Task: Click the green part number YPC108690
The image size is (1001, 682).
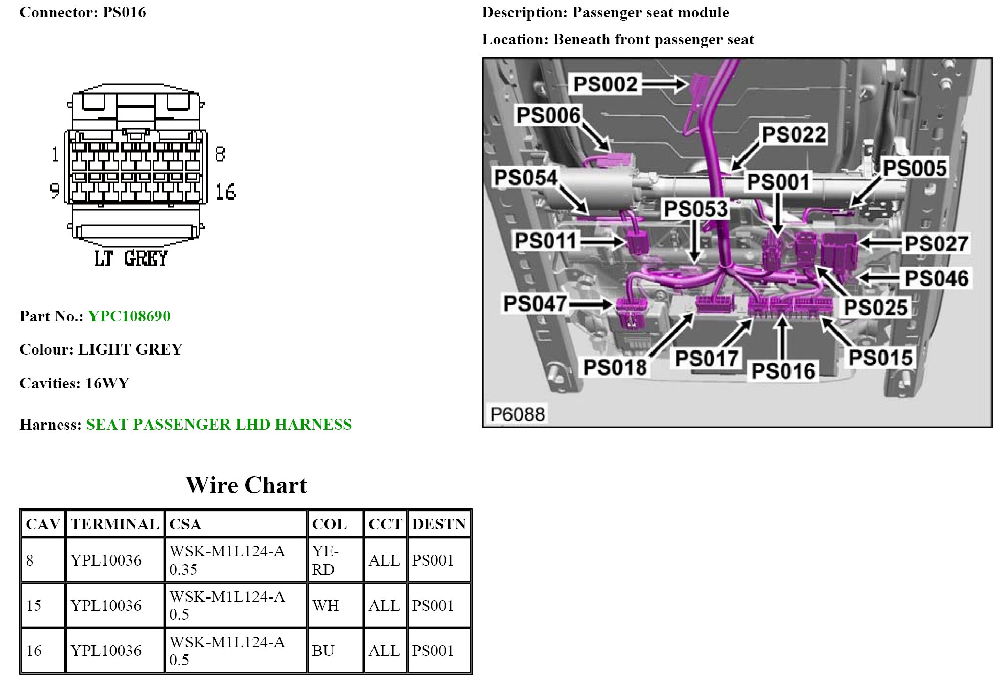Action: (x=129, y=316)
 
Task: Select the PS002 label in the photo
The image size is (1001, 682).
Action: (x=605, y=84)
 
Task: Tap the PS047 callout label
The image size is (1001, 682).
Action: (x=535, y=303)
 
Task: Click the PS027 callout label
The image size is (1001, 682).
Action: (x=936, y=244)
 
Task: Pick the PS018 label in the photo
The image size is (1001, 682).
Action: (x=615, y=367)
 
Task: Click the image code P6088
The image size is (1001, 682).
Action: (x=517, y=414)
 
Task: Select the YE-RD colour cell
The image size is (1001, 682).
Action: (x=325, y=560)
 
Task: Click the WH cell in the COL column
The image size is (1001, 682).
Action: (x=325, y=606)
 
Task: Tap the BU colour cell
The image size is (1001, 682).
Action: (x=323, y=651)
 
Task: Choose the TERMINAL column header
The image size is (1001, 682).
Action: (x=115, y=524)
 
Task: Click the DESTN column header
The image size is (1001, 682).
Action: (x=439, y=524)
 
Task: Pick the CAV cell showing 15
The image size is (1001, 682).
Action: (x=34, y=606)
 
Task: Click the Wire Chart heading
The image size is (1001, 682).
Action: (x=246, y=485)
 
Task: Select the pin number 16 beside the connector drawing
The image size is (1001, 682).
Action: (x=225, y=192)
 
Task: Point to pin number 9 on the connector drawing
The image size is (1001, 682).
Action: (x=55, y=191)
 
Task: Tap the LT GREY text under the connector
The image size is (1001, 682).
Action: (x=131, y=258)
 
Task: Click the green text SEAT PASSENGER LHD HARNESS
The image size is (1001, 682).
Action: (x=219, y=425)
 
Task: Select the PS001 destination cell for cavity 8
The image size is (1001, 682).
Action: (x=433, y=560)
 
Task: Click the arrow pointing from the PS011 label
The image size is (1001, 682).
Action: (x=603, y=241)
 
